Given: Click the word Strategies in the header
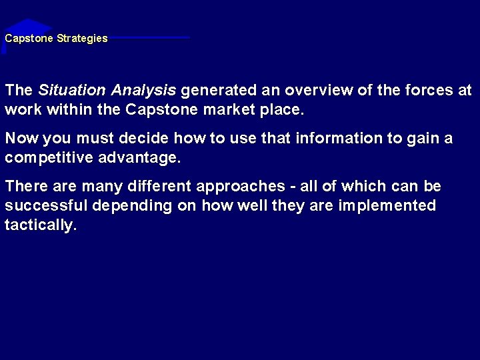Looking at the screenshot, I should [82, 39].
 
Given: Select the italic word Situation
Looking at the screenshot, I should [73, 90].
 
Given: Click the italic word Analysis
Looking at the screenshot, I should [143, 91].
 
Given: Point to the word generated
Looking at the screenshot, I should [215, 90].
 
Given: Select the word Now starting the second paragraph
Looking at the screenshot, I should [20, 139].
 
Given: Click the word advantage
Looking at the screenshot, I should [140, 158].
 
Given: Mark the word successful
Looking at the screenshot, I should [46, 206].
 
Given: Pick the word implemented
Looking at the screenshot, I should [387, 206].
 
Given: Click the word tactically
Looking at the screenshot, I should [40, 225].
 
